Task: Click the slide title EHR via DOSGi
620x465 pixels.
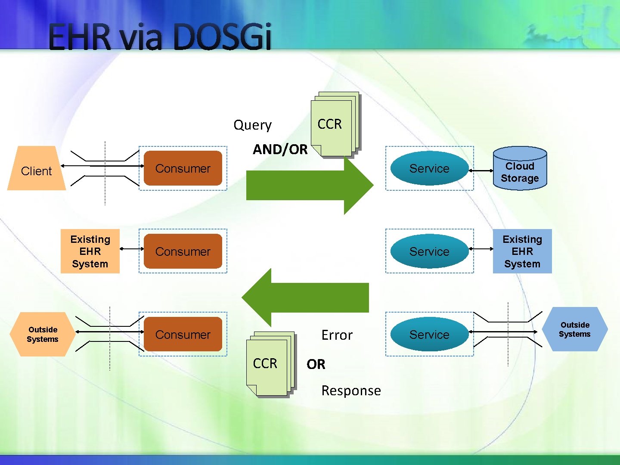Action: coord(160,37)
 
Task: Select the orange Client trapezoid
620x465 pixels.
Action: coord(37,169)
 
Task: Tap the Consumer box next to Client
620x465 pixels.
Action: coord(183,168)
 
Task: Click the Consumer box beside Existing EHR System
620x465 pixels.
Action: coord(183,251)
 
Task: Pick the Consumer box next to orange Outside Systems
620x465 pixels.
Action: coord(183,335)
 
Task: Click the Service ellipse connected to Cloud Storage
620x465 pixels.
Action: coord(429,168)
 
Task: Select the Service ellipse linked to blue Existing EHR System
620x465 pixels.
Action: coord(429,251)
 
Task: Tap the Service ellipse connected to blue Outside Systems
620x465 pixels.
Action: coord(429,335)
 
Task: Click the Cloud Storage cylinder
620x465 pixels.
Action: coord(520,169)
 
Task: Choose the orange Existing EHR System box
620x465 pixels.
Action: coord(90,251)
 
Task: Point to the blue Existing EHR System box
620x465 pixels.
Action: coord(522,251)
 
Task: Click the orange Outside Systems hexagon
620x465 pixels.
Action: coord(42,335)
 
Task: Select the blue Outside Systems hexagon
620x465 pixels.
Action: coord(575,329)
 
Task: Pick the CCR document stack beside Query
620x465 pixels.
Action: coord(335,125)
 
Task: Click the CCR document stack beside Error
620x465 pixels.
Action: coord(270,364)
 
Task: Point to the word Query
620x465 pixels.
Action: coord(252,125)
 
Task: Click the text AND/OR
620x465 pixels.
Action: coord(280,149)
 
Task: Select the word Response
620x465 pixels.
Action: coord(351,391)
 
